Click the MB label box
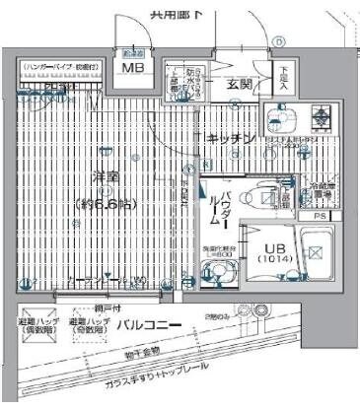coord(131,68)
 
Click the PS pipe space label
coord(319,216)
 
